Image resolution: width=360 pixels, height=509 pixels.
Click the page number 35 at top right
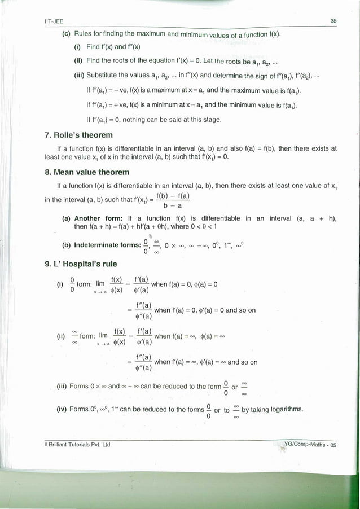(x=333, y=21)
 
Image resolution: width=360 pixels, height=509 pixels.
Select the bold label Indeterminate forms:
(x=110, y=246)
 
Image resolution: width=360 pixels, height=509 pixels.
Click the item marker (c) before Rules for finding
(x=66, y=35)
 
